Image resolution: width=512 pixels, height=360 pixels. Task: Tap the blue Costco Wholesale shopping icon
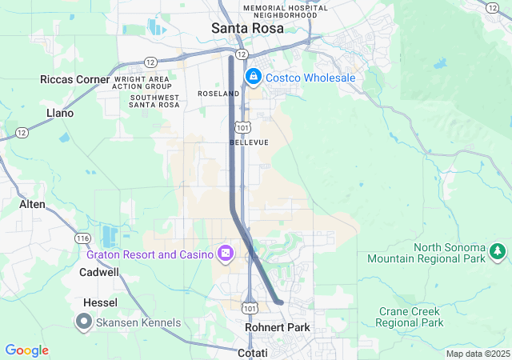pyautogui.click(x=254, y=77)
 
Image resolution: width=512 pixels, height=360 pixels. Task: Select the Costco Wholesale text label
pyautogui.click(x=310, y=78)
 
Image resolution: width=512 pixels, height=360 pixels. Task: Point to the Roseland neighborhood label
pyautogui.click(x=218, y=94)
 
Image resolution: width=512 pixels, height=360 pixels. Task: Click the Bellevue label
pyautogui.click(x=249, y=142)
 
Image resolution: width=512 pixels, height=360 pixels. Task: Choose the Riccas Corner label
pyautogui.click(x=75, y=79)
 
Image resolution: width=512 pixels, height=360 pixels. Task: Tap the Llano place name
pyautogui.click(x=60, y=113)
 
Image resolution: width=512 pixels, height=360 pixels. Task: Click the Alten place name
pyautogui.click(x=32, y=204)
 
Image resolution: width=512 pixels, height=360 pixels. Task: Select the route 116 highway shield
pyautogui.click(x=82, y=238)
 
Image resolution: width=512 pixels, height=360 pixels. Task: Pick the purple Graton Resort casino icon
pyautogui.click(x=226, y=254)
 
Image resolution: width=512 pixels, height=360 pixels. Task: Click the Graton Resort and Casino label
pyautogui.click(x=150, y=254)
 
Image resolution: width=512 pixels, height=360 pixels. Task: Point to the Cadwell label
pyautogui.click(x=99, y=272)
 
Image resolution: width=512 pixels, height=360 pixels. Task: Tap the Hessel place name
pyautogui.click(x=100, y=302)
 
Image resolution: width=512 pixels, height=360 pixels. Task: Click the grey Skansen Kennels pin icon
pyautogui.click(x=83, y=322)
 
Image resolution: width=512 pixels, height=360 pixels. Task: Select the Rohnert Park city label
pyautogui.click(x=277, y=327)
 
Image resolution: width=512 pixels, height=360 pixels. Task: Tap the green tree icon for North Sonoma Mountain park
pyautogui.click(x=498, y=252)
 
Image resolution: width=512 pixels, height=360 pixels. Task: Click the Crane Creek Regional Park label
pyautogui.click(x=410, y=316)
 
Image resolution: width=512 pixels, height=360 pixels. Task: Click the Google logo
pyautogui.click(x=26, y=350)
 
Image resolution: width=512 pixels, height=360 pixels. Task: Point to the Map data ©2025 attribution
pyautogui.click(x=478, y=354)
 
